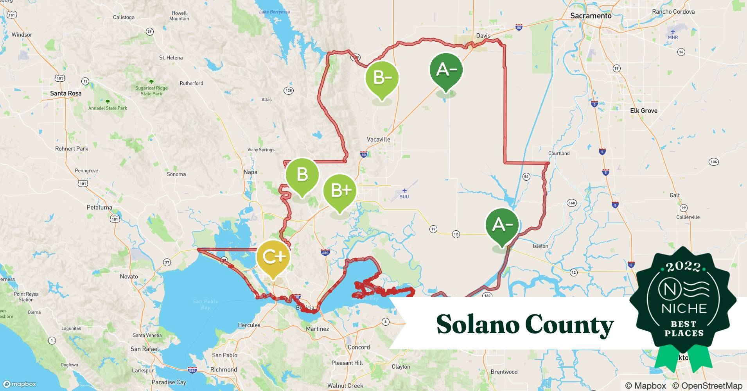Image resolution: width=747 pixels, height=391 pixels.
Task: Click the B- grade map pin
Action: point(382,78)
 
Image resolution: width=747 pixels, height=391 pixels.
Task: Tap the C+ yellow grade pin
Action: point(273,257)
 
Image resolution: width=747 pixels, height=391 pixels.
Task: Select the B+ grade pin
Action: point(340,190)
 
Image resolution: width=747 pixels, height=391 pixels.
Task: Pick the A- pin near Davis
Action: point(446,70)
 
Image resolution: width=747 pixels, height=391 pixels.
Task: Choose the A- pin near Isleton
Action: point(502,225)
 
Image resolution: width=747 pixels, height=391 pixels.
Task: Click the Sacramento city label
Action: point(591,16)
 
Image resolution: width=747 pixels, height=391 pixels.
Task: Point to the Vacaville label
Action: point(378,139)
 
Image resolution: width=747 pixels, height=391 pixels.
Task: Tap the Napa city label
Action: point(250,172)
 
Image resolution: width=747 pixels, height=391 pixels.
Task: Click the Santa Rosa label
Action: point(66,93)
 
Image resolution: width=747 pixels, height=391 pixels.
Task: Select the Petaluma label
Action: point(99,207)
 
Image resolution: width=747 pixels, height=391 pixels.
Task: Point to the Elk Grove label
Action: point(643,111)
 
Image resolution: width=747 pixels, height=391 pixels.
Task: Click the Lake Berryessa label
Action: point(274,12)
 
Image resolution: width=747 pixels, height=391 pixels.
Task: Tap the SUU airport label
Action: point(404,196)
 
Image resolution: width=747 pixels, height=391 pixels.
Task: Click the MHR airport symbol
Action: point(673,31)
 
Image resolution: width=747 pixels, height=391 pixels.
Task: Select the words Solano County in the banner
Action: point(524,324)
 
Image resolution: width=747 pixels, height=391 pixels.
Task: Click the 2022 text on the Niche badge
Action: point(683,267)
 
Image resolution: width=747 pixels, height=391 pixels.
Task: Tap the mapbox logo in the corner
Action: point(20,384)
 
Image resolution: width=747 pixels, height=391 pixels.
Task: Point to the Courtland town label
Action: point(558,153)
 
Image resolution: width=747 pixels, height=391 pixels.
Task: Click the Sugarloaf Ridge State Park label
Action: point(151,91)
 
